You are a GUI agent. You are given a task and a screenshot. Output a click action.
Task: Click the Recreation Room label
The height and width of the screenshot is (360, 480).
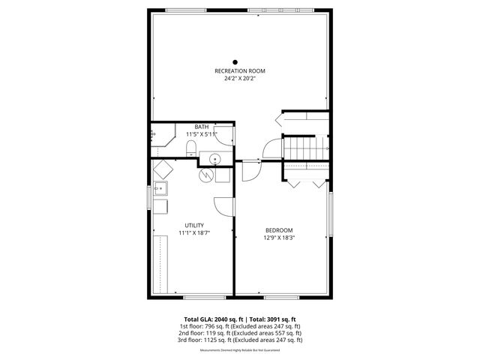point(239,71)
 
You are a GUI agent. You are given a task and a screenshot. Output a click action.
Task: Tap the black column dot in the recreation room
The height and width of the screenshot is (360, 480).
point(235,62)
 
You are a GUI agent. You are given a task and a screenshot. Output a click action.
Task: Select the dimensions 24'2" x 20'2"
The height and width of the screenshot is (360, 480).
point(239,79)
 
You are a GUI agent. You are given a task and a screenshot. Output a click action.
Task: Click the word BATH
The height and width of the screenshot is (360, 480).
point(202,127)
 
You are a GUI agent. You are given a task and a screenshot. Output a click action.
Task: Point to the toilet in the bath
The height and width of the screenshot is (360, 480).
point(191,146)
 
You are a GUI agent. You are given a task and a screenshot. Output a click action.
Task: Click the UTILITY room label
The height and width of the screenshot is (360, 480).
point(194,225)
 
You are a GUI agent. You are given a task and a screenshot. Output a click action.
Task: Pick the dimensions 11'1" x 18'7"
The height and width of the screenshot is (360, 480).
point(194,233)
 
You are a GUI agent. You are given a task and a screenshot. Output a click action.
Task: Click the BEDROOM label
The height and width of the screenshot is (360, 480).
point(279,230)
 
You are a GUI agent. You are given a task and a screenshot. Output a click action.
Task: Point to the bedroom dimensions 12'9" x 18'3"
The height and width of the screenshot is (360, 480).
point(279,238)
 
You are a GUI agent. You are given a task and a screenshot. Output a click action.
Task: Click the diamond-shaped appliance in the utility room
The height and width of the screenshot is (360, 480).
point(163,169)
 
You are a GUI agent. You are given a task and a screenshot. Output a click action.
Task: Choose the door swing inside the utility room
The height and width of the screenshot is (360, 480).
point(223,206)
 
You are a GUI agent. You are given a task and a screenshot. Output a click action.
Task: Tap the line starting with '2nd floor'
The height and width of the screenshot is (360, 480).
point(239,333)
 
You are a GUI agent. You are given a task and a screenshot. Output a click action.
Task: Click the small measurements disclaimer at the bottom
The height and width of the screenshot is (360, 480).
point(239,350)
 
